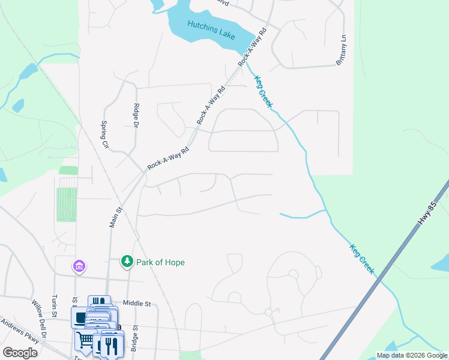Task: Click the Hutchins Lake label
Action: tap(210, 29)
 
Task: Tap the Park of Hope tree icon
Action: tap(127, 262)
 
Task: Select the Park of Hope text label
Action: tap(160, 262)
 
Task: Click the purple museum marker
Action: tap(79, 265)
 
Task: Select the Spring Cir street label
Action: tap(104, 136)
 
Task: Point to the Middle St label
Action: tap(136, 304)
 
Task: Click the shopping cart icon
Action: tap(85, 340)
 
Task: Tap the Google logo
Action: tap(20, 352)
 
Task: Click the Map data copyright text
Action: tap(411, 355)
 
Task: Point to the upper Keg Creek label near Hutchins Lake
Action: tap(264, 91)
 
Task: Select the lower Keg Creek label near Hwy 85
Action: tap(362, 259)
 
